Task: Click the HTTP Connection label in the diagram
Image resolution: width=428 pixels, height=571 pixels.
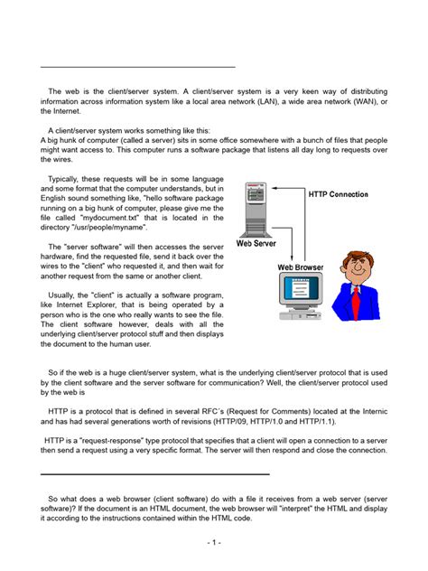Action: [338, 194]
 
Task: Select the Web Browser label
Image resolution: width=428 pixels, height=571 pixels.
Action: [299, 267]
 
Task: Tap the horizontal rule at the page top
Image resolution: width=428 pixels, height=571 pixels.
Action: [138, 67]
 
